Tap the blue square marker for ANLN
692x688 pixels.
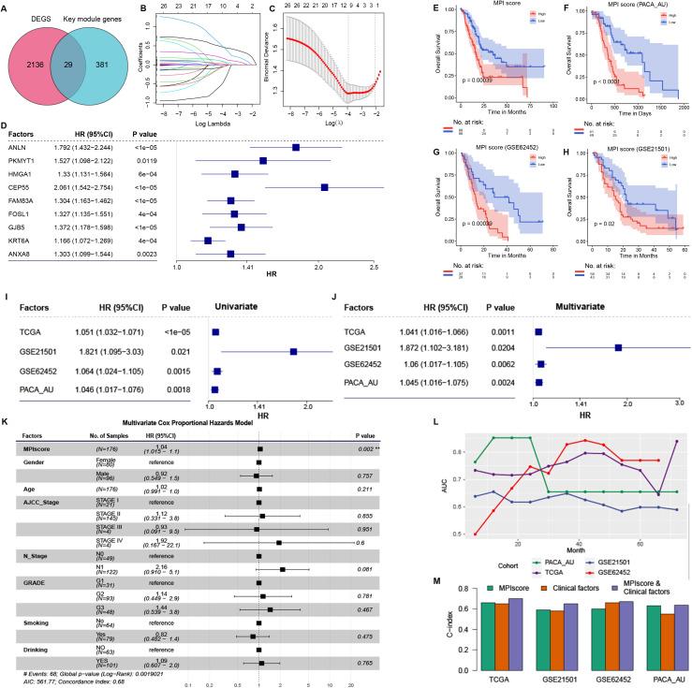click(296, 147)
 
